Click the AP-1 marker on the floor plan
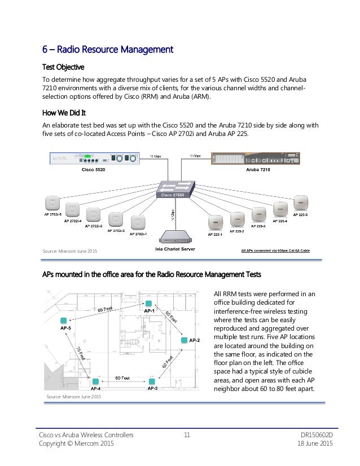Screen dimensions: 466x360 point(148,303)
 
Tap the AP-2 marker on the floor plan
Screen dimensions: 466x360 point(185,340)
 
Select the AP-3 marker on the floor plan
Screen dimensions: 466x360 point(151,382)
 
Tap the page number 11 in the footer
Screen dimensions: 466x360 point(187,435)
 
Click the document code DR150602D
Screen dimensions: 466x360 point(314,435)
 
